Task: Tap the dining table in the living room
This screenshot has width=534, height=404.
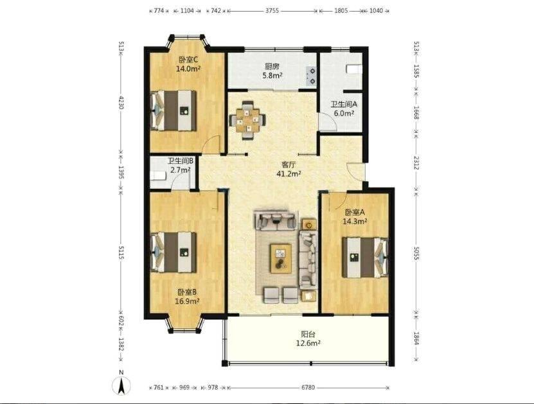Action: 248,120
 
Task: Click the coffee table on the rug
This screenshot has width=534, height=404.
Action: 281,258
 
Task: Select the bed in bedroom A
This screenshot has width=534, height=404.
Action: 365,258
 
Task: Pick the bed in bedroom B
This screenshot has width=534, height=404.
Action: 174,252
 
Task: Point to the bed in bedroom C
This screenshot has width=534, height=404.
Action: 174,110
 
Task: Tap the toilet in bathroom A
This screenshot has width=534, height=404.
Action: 354,69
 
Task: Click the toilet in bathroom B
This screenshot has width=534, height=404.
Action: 158,175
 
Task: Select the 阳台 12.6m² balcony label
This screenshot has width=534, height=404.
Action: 308,338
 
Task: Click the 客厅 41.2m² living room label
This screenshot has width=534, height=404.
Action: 289,170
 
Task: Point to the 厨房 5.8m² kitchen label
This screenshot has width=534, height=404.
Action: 272,71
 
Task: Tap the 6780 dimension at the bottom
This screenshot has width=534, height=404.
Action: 308,387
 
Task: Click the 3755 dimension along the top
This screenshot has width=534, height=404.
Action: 272,10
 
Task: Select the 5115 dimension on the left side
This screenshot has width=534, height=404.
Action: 121,252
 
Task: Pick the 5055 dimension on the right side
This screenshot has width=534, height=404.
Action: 416,253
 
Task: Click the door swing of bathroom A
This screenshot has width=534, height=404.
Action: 328,121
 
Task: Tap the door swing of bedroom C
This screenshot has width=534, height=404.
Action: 211,145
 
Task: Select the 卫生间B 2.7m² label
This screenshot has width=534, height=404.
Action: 180,165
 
